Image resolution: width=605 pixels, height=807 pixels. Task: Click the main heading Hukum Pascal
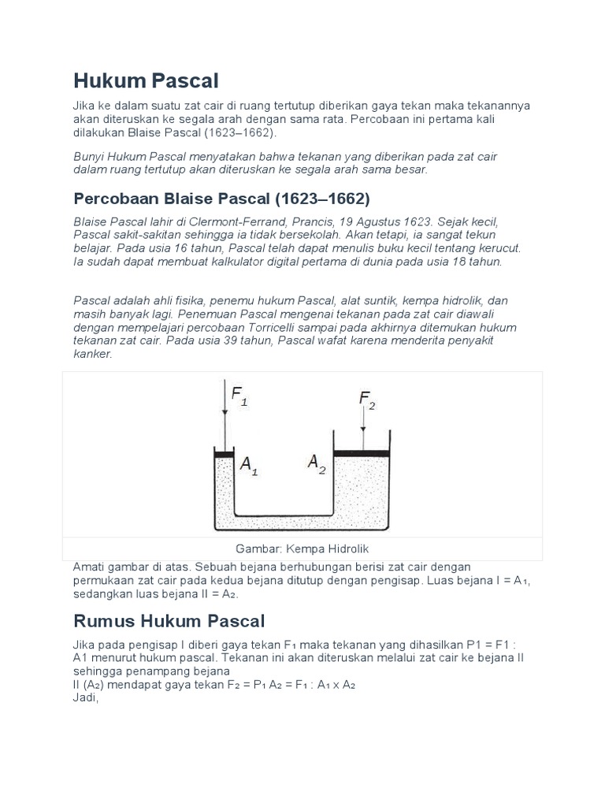tap(146, 80)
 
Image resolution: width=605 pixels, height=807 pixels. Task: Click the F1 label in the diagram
tap(239, 394)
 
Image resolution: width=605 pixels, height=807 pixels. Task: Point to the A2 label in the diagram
tap(317, 463)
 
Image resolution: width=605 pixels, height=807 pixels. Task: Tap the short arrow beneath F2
tap(363, 430)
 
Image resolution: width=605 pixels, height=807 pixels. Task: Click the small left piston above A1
tap(225, 455)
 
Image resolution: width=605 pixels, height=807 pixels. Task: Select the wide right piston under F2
tap(362, 453)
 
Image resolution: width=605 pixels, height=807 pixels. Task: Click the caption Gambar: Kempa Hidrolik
tap(302, 549)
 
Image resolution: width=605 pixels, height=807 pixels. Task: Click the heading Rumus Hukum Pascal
tap(169, 620)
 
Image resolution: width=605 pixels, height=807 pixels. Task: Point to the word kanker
tap(93, 354)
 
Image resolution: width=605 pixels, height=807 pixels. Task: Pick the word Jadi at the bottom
tap(85, 697)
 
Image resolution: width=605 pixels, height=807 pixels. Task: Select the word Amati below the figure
tap(90, 567)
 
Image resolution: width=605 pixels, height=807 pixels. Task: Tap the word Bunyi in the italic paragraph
tap(89, 157)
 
